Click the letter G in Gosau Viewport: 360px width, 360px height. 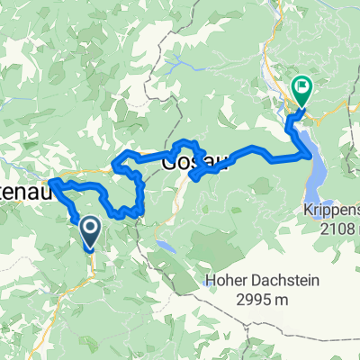click(x=169, y=162)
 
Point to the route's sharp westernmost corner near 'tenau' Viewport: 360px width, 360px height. click(x=50, y=184)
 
